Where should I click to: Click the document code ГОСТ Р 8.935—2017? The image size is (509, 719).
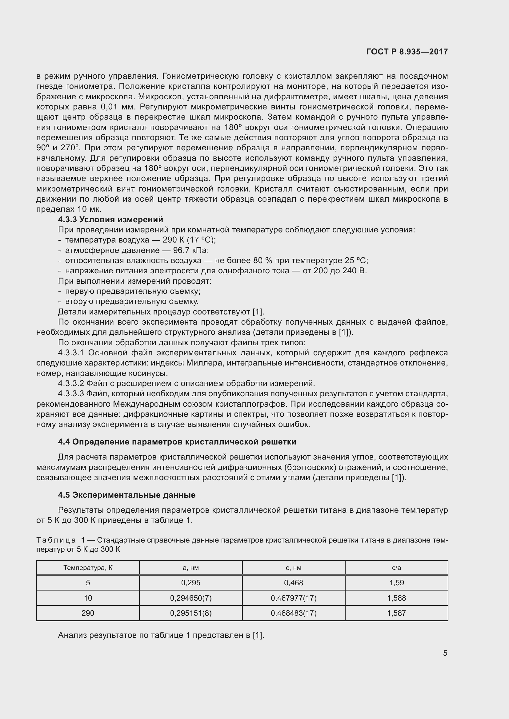point(407,52)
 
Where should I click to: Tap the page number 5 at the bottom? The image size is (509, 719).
point(445,653)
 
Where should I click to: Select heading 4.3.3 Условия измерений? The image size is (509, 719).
point(110,219)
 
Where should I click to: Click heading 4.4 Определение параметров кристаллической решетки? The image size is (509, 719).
point(177,442)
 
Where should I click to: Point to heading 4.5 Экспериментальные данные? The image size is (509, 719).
point(126,495)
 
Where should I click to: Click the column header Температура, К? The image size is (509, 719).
point(88,568)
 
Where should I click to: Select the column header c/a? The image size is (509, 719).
point(396,568)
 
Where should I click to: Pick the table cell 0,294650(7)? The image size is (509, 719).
point(191,598)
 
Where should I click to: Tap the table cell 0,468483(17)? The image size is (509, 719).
point(294,613)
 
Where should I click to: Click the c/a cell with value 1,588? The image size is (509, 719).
point(396,598)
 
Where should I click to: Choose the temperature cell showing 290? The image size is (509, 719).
point(88,613)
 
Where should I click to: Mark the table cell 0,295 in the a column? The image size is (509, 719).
point(191,583)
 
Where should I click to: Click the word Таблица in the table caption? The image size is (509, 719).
point(56,540)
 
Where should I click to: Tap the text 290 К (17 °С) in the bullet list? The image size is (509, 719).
point(189,240)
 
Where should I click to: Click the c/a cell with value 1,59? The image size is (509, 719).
point(396,583)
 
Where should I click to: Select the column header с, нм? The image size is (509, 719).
point(294,568)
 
